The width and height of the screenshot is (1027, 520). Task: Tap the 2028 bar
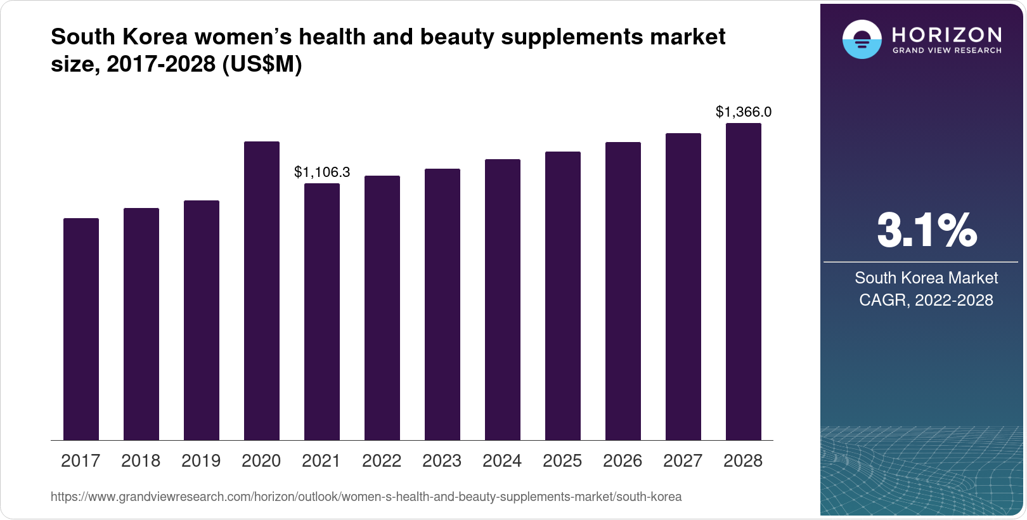click(x=743, y=282)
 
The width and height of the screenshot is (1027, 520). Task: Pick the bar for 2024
click(x=502, y=299)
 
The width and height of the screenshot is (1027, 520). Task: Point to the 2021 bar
click(x=321, y=311)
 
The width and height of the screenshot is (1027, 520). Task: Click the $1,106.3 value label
click(x=322, y=172)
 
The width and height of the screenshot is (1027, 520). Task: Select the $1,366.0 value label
click(x=743, y=112)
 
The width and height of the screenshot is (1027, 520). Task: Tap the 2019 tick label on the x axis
click(x=201, y=461)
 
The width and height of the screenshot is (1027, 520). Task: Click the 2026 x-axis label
click(x=623, y=461)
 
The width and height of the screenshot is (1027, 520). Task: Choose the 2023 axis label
click(x=442, y=461)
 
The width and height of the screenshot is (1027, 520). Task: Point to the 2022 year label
click(x=382, y=461)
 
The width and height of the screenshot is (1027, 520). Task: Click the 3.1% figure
click(x=926, y=231)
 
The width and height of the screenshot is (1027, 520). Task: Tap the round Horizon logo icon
click(x=862, y=39)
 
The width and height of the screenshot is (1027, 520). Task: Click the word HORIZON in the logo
click(x=946, y=34)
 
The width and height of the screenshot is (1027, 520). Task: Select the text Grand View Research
click(x=946, y=50)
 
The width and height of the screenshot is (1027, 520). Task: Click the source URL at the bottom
click(x=366, y=497)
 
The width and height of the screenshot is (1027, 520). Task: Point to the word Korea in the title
click(x=155, y=37)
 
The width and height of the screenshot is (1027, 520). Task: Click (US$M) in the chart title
click(x=262, y=64)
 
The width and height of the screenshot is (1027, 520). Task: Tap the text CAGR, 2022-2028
click(x=926, y=300)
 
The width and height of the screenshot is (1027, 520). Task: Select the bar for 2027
click(x=683, y=287)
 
